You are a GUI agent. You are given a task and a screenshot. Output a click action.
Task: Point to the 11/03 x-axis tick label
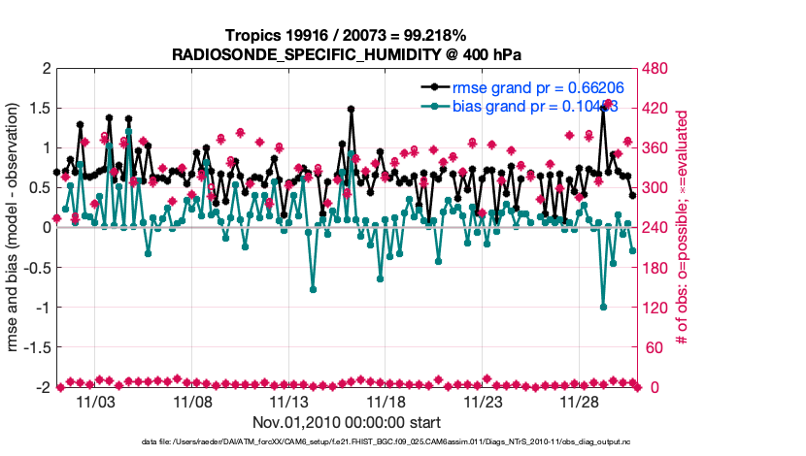pos(100,402)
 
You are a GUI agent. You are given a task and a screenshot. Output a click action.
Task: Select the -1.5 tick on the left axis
pos(37,347)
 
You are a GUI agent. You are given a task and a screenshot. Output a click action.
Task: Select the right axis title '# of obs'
pos(685,228)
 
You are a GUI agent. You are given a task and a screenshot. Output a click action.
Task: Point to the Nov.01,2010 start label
pos(348,422)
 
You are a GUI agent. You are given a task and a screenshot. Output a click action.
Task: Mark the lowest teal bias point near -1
pos(603,307)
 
